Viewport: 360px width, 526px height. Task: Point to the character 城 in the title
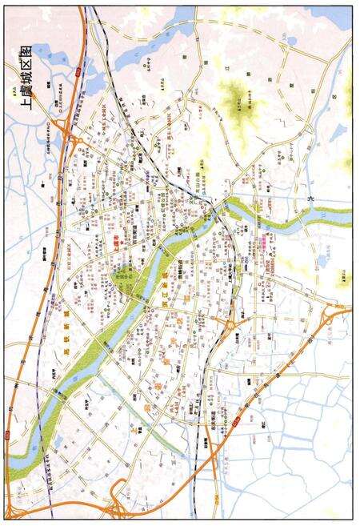point(22,83)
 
